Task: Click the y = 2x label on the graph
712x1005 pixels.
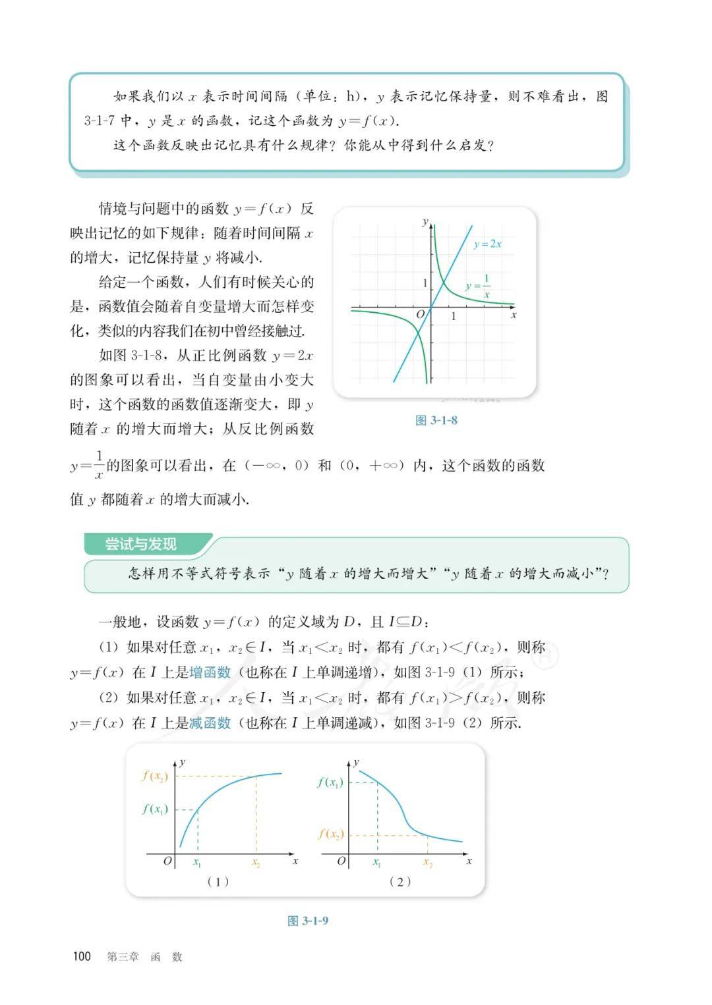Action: pyautogui.click(x=487, y=244)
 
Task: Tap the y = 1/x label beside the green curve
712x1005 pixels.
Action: pyautogui.click(x=479, y=286)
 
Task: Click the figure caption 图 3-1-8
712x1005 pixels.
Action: pyautogui.click(x=436, y=420)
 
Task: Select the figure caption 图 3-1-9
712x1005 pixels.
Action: pyautogui.click(x=308, y=920)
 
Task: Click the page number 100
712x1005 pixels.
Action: pyautogui.click(x=82, y=956)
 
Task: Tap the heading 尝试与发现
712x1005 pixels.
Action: pyautogui.click(x=141, y=545)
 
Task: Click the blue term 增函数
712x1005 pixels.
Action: pyautogui.click(x=210, y=672)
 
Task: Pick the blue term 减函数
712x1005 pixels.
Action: pyautogui.click(x=210, y=722)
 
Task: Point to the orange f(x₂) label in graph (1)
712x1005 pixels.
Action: pyautogui.click(x=155, y=776)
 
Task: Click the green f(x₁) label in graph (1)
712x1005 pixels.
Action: pyautogui.click(x=155, y=809)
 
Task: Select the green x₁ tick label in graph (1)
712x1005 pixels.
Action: pyautogui.click(x=197, y=862)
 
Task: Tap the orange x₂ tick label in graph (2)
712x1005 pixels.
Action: pyautogui.click(x=428, y=862)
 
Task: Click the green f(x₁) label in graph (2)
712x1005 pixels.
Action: pyautogui.click(x=330, y=782)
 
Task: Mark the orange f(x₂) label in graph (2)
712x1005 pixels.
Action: pyautogui.click(x=331, y=834)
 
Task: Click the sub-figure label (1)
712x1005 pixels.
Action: pyautogui.click(x=218, y=881)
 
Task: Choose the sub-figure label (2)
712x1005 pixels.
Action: pyautogui.click(x=400, y=881)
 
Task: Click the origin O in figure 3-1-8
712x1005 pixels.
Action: pyautogui.click(x=421, y=315)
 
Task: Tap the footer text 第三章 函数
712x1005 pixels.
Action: pyautogui.click(x=144, y=957)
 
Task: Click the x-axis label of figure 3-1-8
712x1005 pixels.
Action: pyautogui.click(x=514, y=315)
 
